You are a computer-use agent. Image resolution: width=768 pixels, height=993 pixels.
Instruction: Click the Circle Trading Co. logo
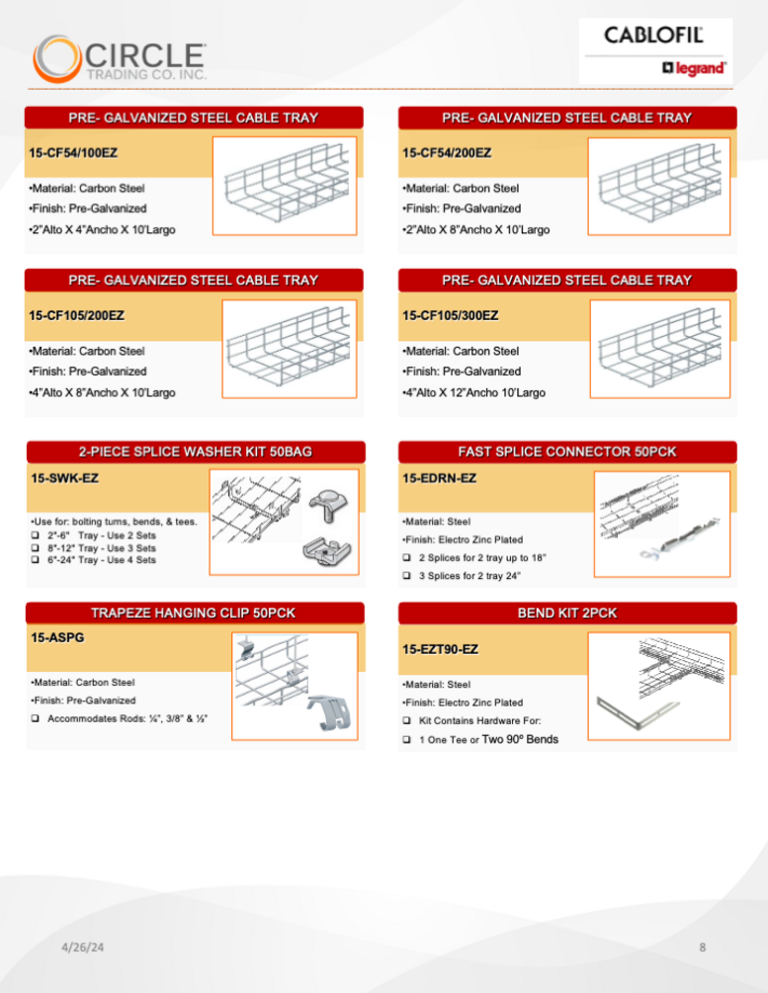pos(119,58)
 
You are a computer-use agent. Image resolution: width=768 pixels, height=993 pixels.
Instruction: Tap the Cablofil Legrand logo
pos(655,50)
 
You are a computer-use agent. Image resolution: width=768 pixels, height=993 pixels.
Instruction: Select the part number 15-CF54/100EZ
pos(74,153)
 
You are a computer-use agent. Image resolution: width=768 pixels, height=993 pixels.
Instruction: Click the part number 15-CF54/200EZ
pos(447,153)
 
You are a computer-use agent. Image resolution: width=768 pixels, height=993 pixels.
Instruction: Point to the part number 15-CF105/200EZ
pos(77,316)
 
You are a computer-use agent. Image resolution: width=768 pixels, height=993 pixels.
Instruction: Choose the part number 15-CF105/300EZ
pos(451,316)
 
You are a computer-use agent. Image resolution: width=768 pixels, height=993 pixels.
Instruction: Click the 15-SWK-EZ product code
pos(64,478)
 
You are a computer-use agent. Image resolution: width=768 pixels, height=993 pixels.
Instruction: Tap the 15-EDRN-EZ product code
pos(439,478)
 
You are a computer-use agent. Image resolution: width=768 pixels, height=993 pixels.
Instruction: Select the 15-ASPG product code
pos(57,637)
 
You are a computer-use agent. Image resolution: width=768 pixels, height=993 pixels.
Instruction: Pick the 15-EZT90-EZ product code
pos(441,649)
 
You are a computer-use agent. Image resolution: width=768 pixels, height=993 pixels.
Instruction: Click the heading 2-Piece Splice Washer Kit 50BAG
pos(195,452)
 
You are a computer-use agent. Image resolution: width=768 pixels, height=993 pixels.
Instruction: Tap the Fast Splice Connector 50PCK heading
pos(567,452)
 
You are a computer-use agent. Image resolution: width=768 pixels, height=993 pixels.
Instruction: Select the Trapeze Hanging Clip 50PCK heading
pos(195,613)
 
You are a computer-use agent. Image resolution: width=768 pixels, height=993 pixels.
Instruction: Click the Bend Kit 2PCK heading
pos(567,613)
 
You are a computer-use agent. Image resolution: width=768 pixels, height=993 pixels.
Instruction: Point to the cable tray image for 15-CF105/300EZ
pos(659,344)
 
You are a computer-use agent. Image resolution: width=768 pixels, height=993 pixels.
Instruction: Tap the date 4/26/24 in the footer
pos(83,948)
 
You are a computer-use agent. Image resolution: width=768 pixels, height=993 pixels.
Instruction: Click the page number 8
pos(703,948)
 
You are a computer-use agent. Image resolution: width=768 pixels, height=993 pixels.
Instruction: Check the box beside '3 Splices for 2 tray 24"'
pos(406,575)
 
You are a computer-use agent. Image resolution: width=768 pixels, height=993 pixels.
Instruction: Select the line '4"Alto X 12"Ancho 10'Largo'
pos(474,393)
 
